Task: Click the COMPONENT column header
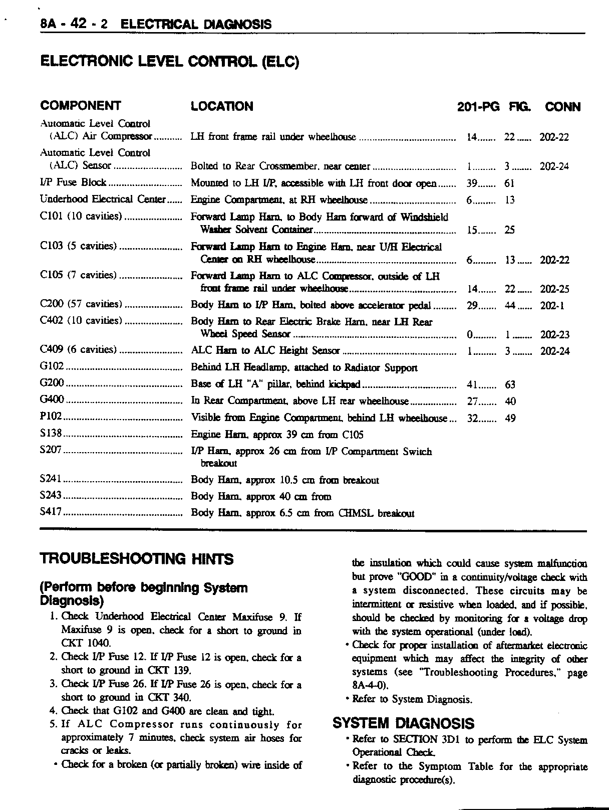click(80, 106)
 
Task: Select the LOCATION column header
click(222, 106)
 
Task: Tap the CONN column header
click(562, 107)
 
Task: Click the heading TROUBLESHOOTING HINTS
click(136, 559)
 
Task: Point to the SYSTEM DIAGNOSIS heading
click(403, 723)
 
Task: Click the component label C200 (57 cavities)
click(81, 304)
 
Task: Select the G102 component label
click(52, 367)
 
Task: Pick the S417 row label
click(51, 513)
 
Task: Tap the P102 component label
click(51, 418)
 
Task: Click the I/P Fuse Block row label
click(73, 183)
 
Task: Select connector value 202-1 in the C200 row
click(552, 306)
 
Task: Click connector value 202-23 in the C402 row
click(554, 335)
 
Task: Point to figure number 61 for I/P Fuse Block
click(510, 183)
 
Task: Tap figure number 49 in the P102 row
click(510, 419)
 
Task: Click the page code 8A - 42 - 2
click(74, 24)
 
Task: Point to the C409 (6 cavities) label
click(78, 350)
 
